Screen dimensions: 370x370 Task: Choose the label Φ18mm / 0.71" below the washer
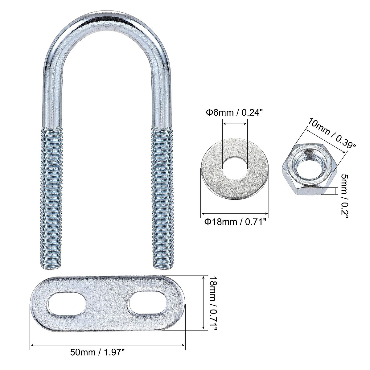click(x=235, y=222)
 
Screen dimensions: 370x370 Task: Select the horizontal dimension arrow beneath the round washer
click(x=235, y=213)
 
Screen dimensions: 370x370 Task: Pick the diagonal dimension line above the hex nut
click(x=325, y=140)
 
